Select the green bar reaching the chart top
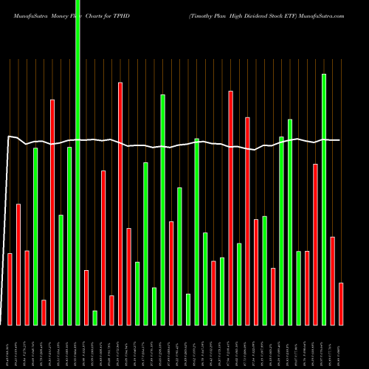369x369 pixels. tap(78, 162)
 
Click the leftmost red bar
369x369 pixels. tap(10, 289)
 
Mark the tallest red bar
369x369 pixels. tap(120, 203)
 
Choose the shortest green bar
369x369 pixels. tap(95, 317)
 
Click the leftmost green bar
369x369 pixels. tap(35, 236)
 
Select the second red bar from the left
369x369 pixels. tap(18, 264)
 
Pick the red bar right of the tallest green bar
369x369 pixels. tap(86, 297)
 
